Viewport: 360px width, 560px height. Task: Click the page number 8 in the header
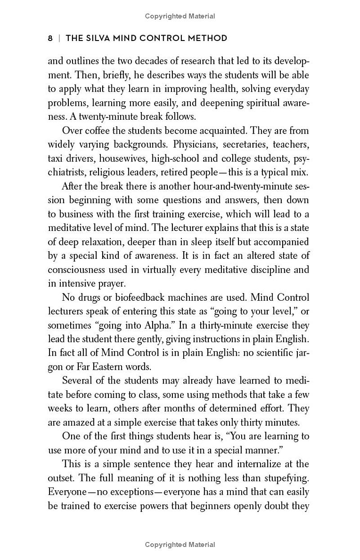(x=50, y=38)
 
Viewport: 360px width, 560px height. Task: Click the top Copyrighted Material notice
(x=180, y=16)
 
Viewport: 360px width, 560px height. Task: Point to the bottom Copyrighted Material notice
(x=180, y=545)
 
